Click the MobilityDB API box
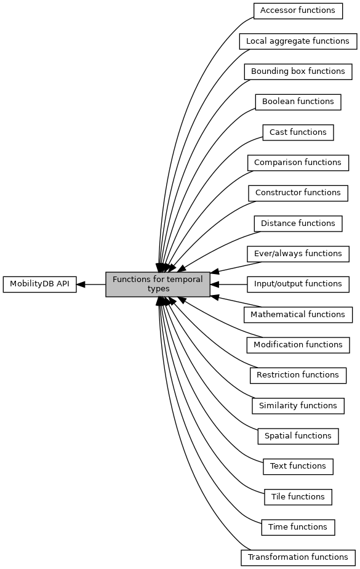pos(40,284)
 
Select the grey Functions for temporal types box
pos(158,284)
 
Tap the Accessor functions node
pos(298,11)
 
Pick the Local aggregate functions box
pos(298,41)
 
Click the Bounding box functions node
pos(298,71)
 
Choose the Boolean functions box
pos(298,102)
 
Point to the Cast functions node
pos(298,132)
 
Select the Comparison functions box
pos(298,163)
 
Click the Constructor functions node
pos(298,193)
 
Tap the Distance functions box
pos(298,224)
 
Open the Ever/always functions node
pos(298,254)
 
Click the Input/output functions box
pos(298,284)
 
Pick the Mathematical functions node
pos(298,315)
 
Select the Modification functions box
pos(298,345)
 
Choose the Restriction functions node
pos(298,375)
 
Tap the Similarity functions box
pos(298,406)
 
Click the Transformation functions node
pos(298,557)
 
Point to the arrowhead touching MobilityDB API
pos(81,284)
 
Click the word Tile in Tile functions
pos(278,496)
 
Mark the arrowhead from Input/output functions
pos(215,284)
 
